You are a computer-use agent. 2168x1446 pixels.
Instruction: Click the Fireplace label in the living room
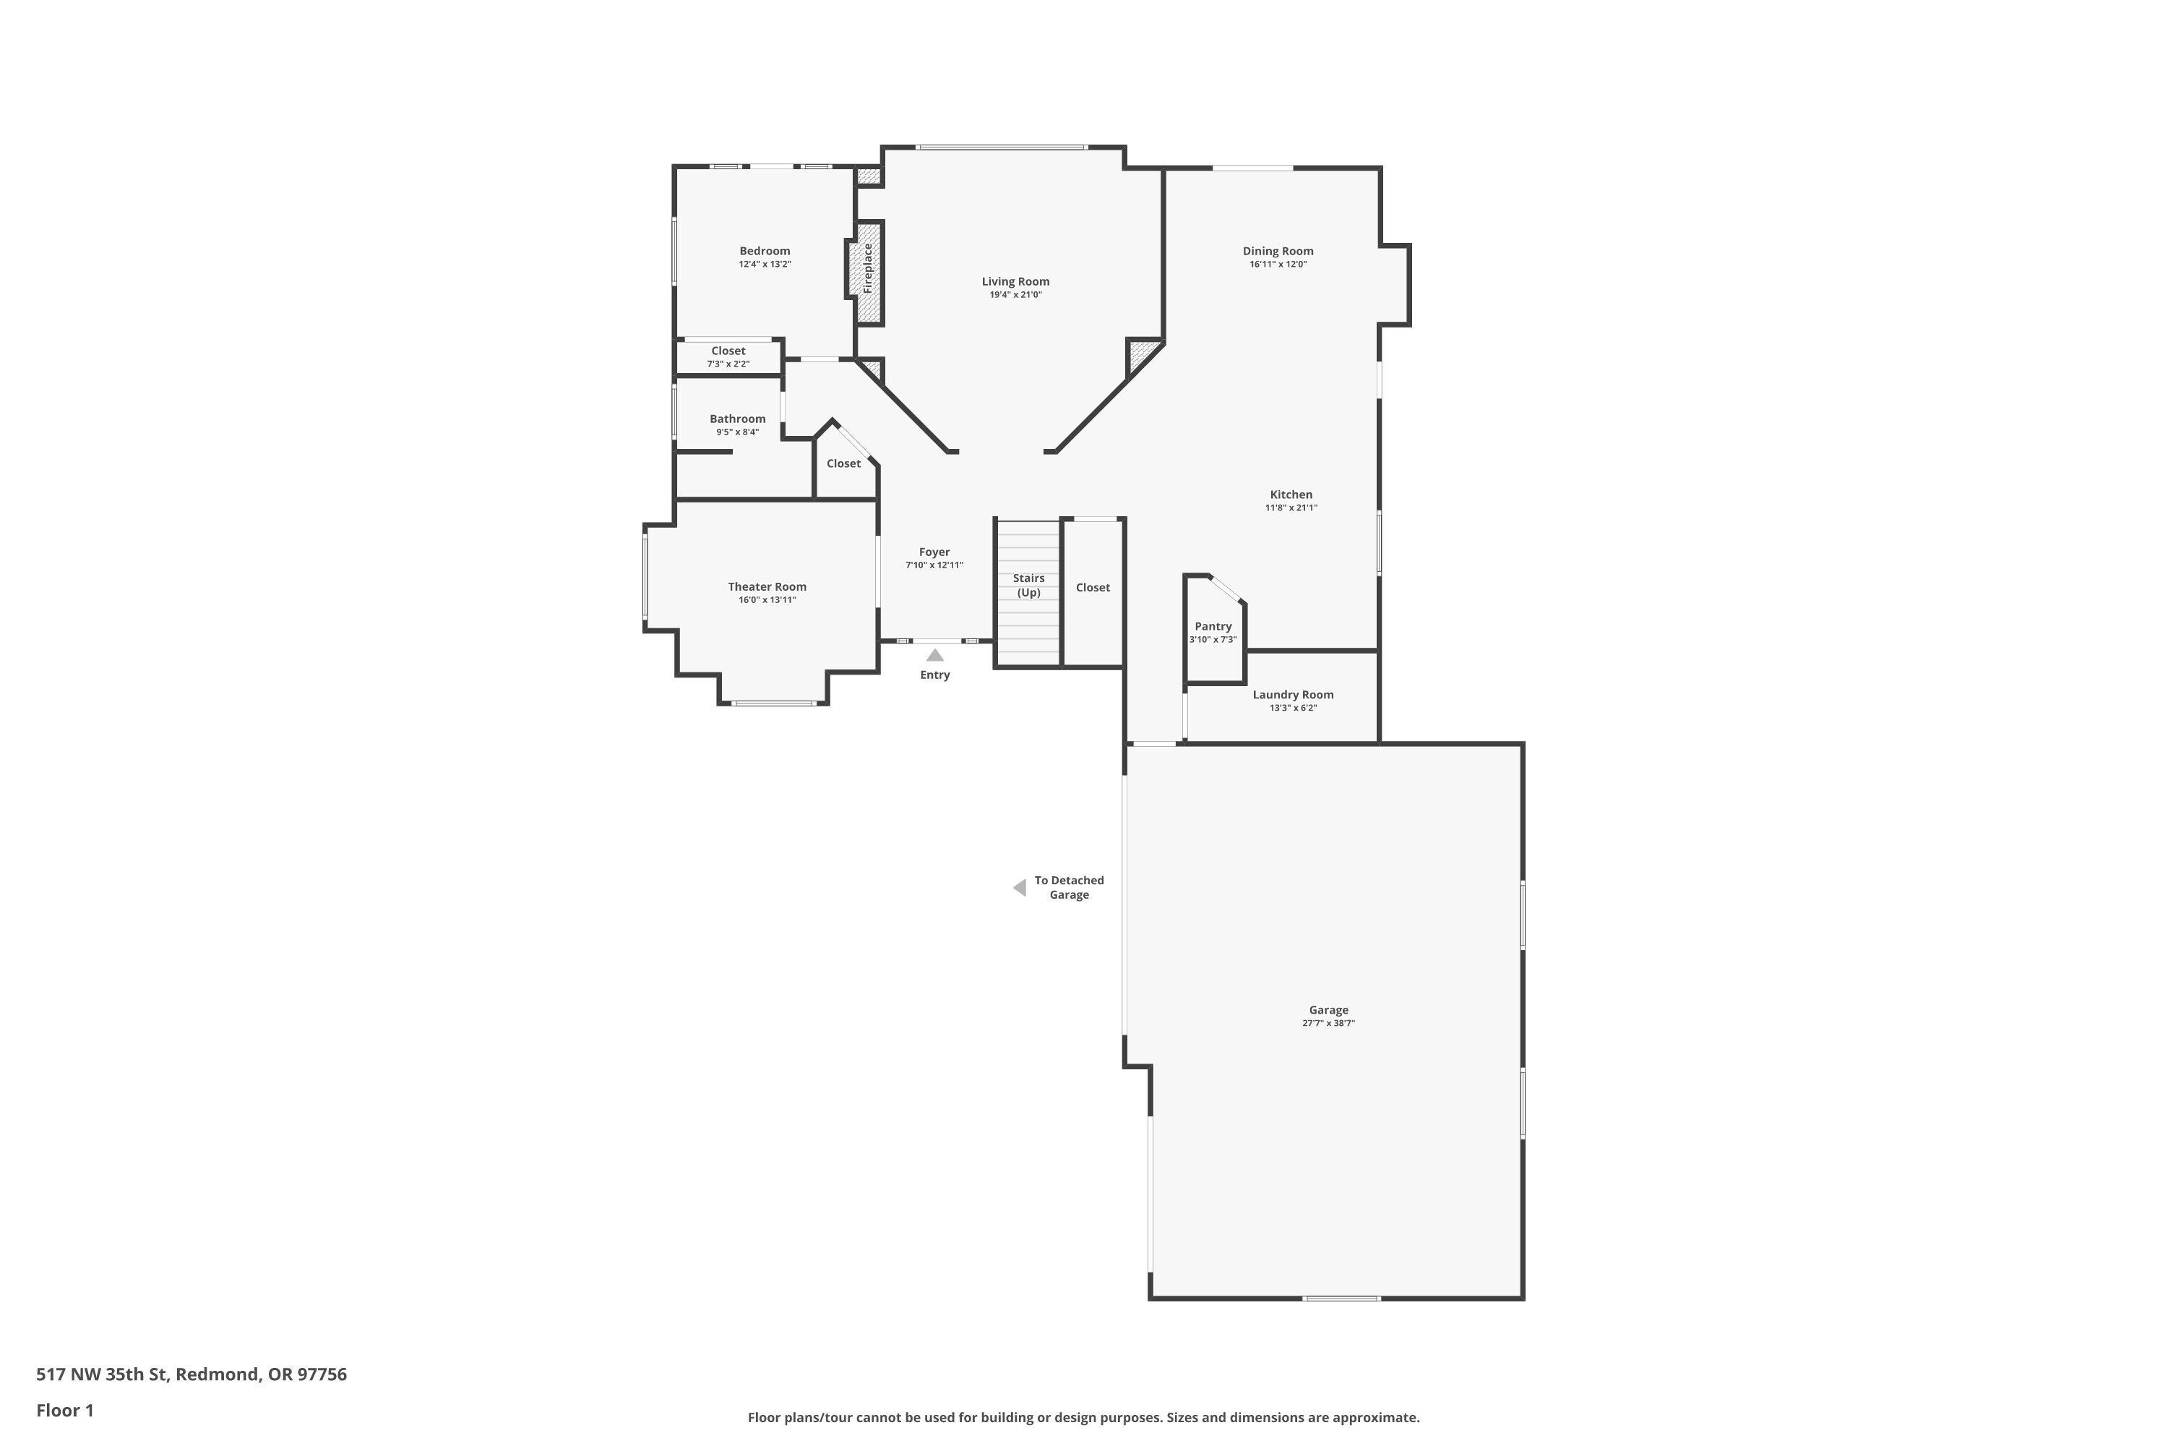click(867, 268)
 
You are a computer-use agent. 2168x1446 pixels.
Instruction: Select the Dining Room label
click(1278, 251)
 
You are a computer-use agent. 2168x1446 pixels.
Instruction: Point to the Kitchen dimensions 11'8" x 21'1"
click(1291, 508)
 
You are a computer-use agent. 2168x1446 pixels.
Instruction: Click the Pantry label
click(1213, 626)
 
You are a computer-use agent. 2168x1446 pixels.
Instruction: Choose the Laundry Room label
click(1292, 694)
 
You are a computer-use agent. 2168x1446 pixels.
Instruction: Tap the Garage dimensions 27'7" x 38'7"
click(1328, 1024)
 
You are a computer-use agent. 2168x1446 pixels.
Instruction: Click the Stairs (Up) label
click(1028, 586)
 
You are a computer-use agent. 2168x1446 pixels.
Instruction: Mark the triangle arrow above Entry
click(934, 655)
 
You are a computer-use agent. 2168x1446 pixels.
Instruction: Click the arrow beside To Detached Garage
click(1020, 887)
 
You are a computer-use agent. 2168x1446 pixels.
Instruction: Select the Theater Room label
click(767, 586)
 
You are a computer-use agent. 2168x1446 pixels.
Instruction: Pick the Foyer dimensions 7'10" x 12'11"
click(934, 565)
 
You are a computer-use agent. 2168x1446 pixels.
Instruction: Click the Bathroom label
click(737, 419)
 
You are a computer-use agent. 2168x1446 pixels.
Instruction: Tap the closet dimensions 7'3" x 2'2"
click(728, 364)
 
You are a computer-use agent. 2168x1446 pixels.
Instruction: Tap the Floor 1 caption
click(64, 1410)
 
